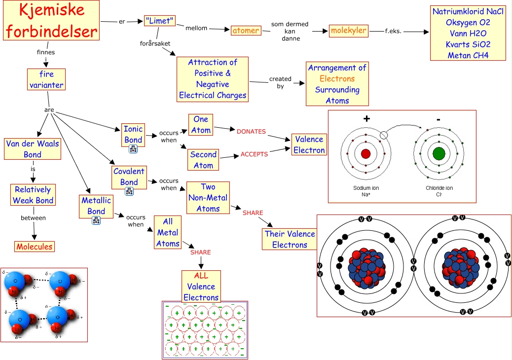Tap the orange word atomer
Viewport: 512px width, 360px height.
pyautogui.click(x=245, y=31)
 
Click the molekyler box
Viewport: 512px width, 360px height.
pyautogui.click(x=349, y=31)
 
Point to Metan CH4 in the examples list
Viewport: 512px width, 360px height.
pyautogui.click(x=468, y=55)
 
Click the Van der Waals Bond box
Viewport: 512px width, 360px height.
pyautogui.click(x=33, y=149)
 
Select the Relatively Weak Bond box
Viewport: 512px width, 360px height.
pyautogui.click(x=33, y=195)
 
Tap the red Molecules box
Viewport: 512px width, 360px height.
pyautogui.click(x=34, y=247)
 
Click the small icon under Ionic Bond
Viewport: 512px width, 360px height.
pyautogui.click(x=133, y=149)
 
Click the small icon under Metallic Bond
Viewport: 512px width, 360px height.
pyautogui.click(x=97, y=220)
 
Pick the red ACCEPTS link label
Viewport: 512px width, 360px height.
pyautogui.click(x=254, y=154)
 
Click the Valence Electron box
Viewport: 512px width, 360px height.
pyautogui.click(x=309, y=144)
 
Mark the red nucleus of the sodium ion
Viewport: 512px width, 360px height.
pyautogui.click(x=366, y=153)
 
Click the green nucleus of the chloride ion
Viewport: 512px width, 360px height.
pyautogui.click(x=439, y=153)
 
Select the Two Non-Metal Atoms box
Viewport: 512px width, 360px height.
pyautogui.click(x=208, y=198)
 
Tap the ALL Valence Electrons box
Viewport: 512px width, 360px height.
pyautogui.click(x=201, y=287)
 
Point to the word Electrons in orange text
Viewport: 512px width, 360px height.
pyautogui.click(x=337, y=78)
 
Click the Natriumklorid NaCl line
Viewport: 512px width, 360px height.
pyautogui.click(x=468, y=11)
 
